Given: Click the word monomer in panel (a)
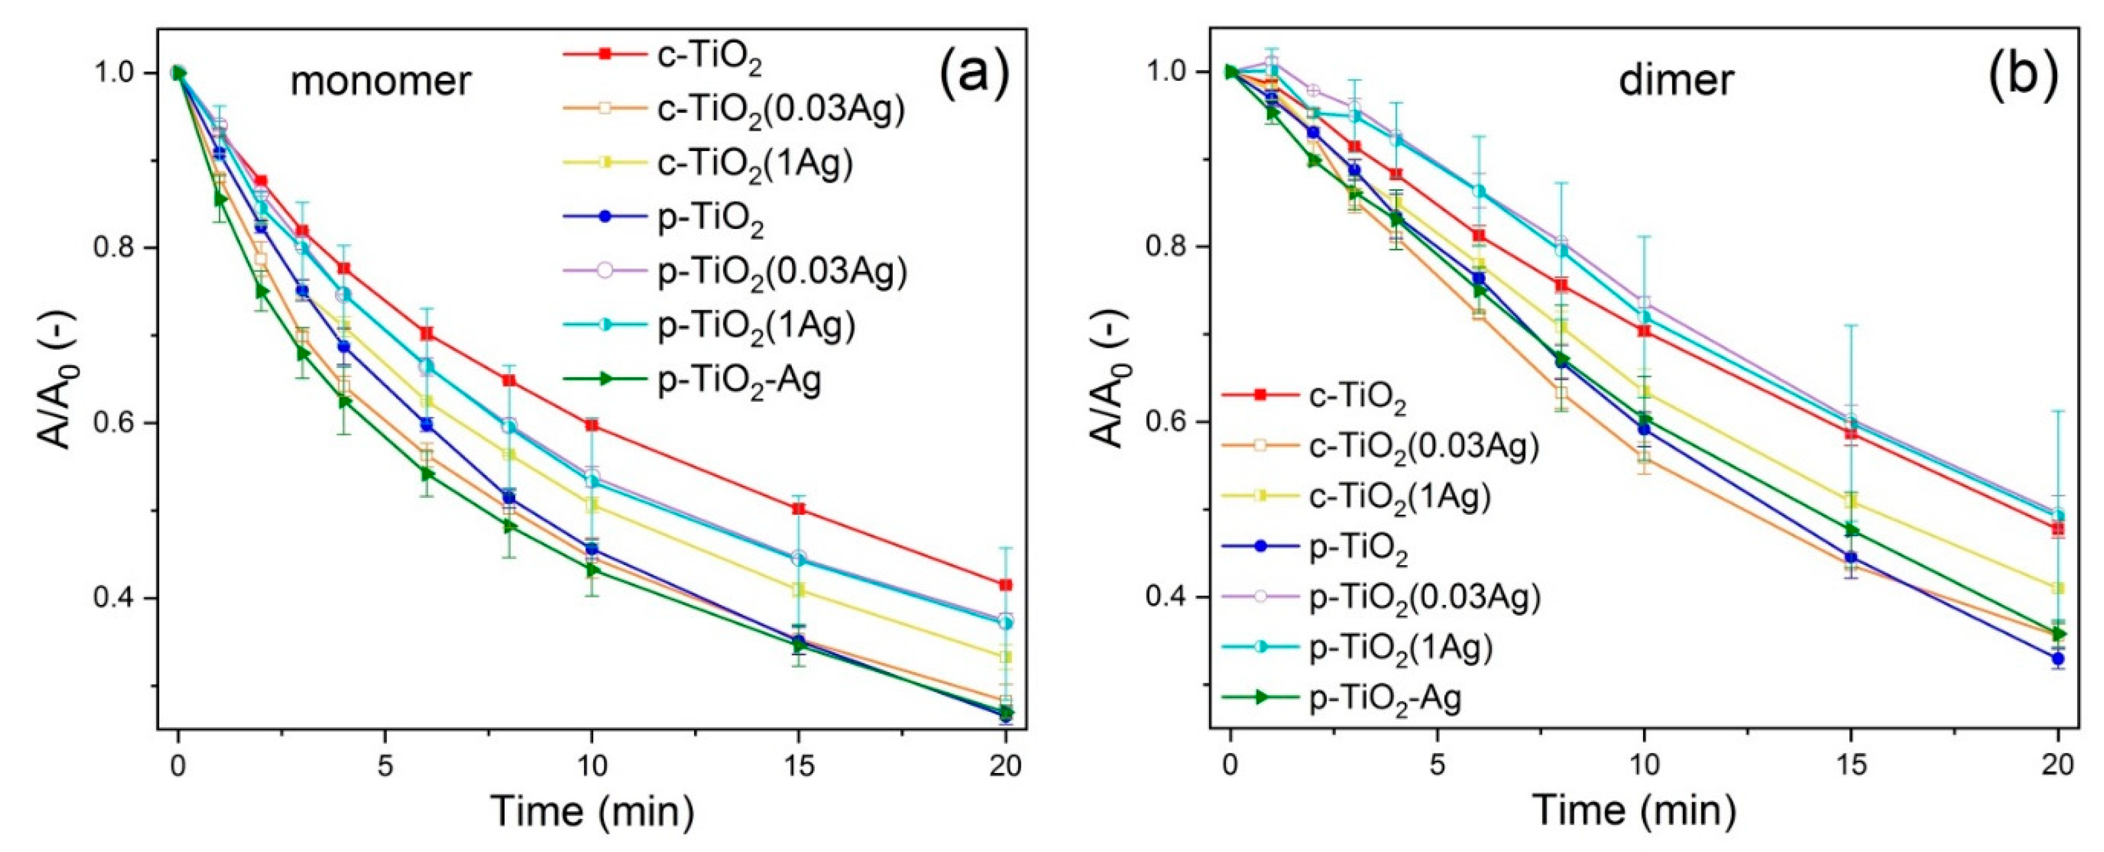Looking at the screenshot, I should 381,82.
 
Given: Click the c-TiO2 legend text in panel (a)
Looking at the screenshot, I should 709,55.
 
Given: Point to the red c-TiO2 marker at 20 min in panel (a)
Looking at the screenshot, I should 1005,585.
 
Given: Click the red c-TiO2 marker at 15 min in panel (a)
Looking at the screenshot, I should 799,509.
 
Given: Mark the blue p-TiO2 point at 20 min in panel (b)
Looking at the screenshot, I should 2058,658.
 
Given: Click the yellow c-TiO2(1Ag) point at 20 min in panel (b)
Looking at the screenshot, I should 2058,588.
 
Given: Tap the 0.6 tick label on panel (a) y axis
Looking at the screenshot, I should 115,423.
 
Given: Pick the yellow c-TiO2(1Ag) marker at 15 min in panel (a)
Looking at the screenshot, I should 799,590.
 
